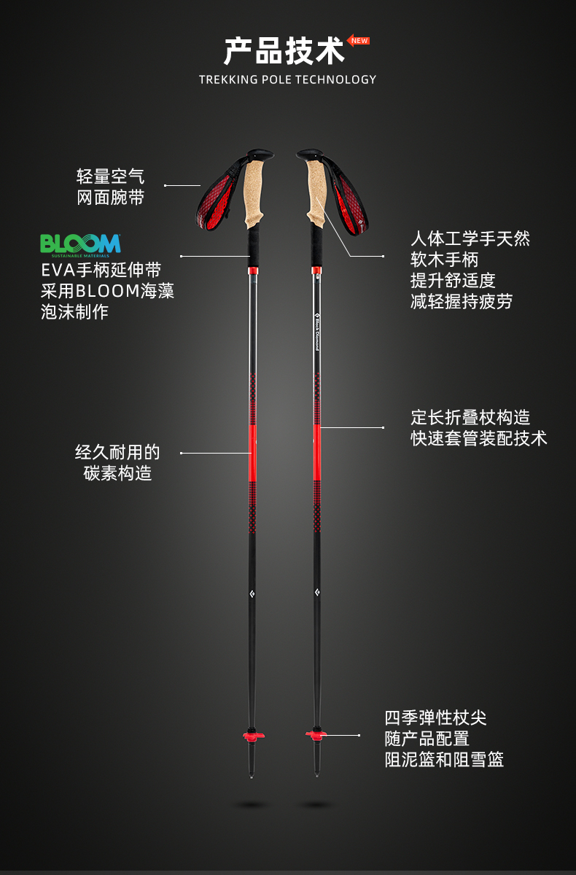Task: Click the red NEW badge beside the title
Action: (359, 41)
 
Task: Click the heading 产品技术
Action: (284, 52)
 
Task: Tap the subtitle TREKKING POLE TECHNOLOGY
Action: (287, 79)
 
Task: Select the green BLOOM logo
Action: (80, 244)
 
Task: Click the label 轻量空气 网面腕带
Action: (111, 187)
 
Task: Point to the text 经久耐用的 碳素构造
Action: (117, 463)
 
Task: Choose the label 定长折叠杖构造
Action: (470, 418)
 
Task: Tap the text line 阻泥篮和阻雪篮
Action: (444, 760)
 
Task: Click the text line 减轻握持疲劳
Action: (462, 301)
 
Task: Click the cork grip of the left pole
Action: (255, 191)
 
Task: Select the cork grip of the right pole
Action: (315, 191)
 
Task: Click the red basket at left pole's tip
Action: (253, 735)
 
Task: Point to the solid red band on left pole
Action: (253, 452)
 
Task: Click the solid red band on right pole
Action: (316, 452)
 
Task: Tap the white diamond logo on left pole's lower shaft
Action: (252, 591)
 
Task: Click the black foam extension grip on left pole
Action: (254, 244)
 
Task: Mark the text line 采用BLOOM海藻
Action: (107, 291)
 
